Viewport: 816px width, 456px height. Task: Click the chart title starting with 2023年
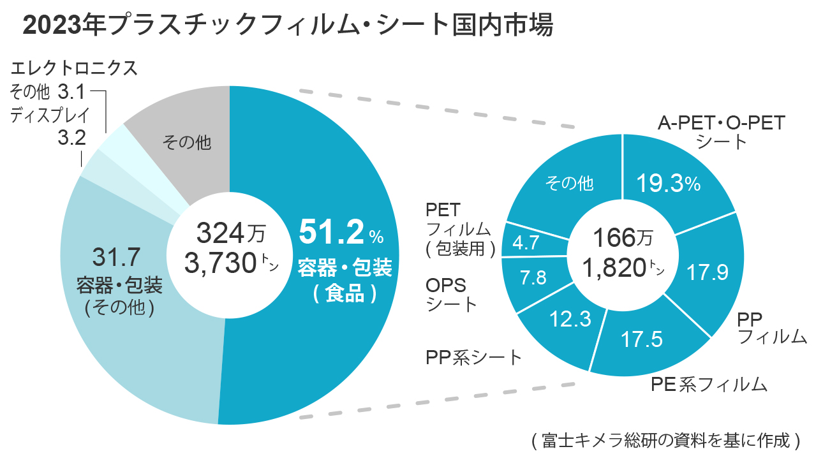pyautogui.click(x=287, y=26)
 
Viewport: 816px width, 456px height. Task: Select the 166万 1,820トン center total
pyautogui.click(x=622, y=254)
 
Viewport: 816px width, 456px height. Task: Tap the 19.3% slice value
pyautogui.click(x=669, y=184)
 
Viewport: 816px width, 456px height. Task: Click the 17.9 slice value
pyautogui.click(x=708, y=272)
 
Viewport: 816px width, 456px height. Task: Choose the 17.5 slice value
pyautogui.click(x=641, y=339)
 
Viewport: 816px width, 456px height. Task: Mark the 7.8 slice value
pyautogui.click(x=533, y=278)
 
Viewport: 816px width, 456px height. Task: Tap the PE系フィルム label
pyautogui.click(x=708, y=384)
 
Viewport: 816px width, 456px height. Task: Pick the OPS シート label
pyautogui.click(x=450, y=294)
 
